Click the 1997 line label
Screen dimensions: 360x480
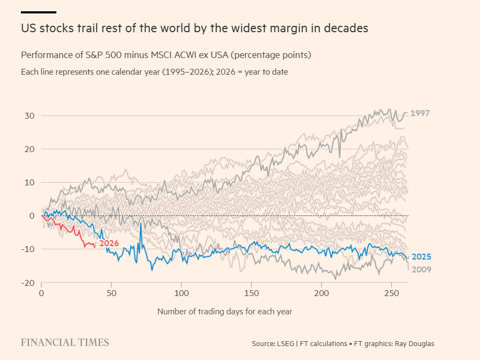[420, 113]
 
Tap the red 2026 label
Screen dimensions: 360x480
[109, 243]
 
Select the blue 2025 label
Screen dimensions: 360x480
[421, 256]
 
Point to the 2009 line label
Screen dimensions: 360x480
[421, 269]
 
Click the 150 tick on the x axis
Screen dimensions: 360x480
[251, 293]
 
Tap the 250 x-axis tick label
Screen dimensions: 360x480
[391, 293]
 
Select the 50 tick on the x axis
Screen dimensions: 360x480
[112, 293]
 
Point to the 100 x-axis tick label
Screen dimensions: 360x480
[181, 293]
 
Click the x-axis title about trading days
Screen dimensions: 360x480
[224, 311]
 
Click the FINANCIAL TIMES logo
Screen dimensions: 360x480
[65, 343]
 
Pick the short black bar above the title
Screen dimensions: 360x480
[38, 12]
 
